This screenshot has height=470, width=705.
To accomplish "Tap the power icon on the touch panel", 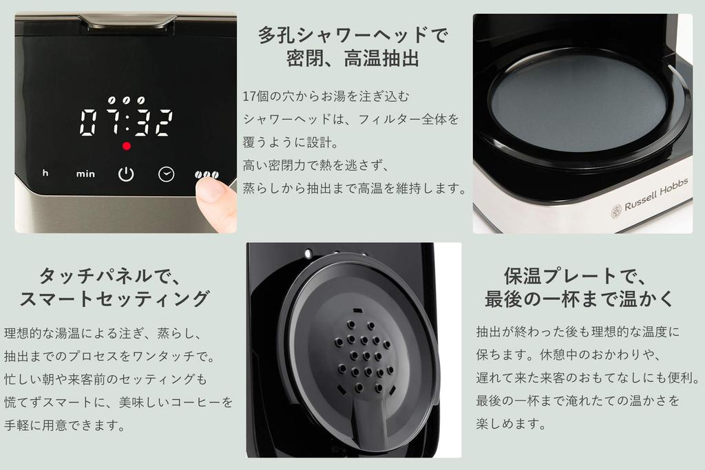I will point(125,174).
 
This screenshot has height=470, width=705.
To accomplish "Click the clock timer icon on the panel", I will point(166,174).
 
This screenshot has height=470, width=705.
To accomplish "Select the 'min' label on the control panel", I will point(85,174).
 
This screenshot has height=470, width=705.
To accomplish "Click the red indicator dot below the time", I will point(126,146).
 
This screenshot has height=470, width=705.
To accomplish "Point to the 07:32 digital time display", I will point(126,122).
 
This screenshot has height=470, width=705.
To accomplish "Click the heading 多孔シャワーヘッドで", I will point(352,34).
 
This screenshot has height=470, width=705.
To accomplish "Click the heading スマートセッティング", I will point(114,299).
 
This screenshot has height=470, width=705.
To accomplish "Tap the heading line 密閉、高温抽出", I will point(352,58).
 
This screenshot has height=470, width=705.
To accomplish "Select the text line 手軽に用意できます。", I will point(64,425).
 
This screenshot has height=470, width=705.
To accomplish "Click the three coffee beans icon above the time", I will point(126,100).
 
